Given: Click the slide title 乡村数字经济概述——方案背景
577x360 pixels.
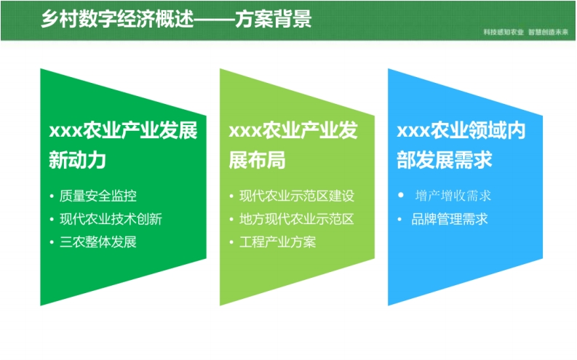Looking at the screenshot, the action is [176, 18].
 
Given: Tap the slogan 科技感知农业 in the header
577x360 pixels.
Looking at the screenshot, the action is [504, 32].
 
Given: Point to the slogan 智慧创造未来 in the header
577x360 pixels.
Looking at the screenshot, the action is [549, 32].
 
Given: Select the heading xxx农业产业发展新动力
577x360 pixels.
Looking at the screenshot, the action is [123, 145].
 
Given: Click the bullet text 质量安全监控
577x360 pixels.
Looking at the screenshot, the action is [98, 196].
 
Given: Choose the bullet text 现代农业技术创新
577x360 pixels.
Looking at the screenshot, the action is [111, 219].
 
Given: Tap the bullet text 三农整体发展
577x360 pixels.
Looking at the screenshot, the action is [98, 242].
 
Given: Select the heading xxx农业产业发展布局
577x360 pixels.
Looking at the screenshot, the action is [293, 145].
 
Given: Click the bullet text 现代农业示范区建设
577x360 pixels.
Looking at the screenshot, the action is [297, 196].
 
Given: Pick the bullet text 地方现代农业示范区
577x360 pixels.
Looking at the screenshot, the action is [297, 219].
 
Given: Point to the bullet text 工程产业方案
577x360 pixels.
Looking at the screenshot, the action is [277, 242].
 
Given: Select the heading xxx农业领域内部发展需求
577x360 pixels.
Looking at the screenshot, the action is [461, 145].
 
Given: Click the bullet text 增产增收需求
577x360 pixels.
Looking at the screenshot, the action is [453, 196].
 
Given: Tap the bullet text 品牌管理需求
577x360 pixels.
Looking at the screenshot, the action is [450, 219].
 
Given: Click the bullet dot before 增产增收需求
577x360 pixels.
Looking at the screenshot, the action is [401, 195].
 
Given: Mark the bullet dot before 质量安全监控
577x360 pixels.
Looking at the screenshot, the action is [52, 196].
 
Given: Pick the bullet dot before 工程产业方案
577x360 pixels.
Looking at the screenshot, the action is [231, 242].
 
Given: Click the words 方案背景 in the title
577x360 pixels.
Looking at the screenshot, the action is [274, 18].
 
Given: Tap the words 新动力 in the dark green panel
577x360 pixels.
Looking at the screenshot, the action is [78, 160].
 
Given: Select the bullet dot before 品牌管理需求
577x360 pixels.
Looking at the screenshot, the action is [399, 220].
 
